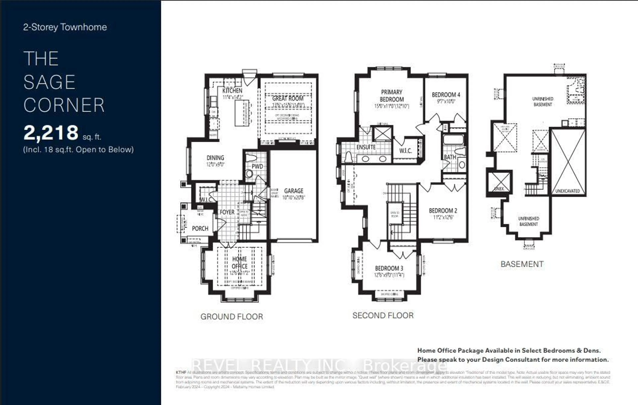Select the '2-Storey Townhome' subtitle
point(65,27)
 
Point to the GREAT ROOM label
point(288,98)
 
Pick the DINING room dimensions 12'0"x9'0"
point(215,164)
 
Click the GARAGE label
point(294,191)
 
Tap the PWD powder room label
point(257,166)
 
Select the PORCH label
point(200,228)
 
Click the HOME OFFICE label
point(240,263)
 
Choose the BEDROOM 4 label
point(446,95)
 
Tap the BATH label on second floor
point(450,157)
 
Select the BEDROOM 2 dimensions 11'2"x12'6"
point(443,217)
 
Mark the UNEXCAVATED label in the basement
point(568,191)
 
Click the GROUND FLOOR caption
point(232,316)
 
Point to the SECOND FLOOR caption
point(383,315)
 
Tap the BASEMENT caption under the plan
point(522,264)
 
